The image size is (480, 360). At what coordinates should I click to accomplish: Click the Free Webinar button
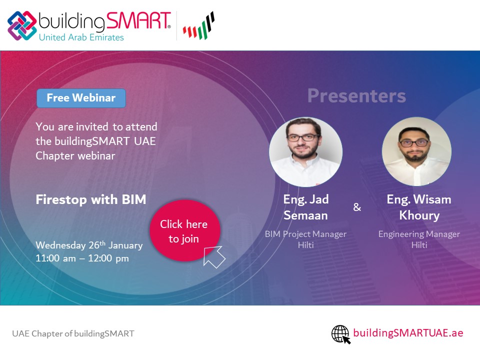coord(81,98)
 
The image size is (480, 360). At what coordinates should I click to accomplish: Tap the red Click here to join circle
coord(184,230)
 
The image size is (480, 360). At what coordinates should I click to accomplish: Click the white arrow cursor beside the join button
coord(214,256)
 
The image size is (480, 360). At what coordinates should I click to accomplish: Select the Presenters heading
coord(356,96)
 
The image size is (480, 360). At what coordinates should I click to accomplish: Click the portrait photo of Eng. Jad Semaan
coord(305,152)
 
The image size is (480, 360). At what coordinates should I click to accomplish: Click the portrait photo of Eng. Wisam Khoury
coord(416,151)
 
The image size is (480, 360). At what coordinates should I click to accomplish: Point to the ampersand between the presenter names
coord(357,207)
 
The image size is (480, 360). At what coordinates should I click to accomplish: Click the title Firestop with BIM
coord(91,199)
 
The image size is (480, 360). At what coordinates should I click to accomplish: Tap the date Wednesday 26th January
coord(89,245)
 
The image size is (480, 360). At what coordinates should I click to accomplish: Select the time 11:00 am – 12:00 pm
coord(82,258)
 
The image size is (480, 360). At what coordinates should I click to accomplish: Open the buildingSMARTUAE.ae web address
coord(408,333)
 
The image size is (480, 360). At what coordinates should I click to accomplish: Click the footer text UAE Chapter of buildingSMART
coord(73,333)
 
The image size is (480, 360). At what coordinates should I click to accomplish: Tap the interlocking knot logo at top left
coord(22,26)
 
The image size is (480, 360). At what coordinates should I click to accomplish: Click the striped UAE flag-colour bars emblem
coord(198,26)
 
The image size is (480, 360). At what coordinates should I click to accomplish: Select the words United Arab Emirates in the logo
coord(81,37)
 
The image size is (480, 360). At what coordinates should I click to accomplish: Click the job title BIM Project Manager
coord(305,234)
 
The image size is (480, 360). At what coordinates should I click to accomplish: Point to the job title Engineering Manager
coord(419,234)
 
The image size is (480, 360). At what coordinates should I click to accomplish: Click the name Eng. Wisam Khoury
coord(419,207)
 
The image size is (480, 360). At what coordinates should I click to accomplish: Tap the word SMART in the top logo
coord(138,21)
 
